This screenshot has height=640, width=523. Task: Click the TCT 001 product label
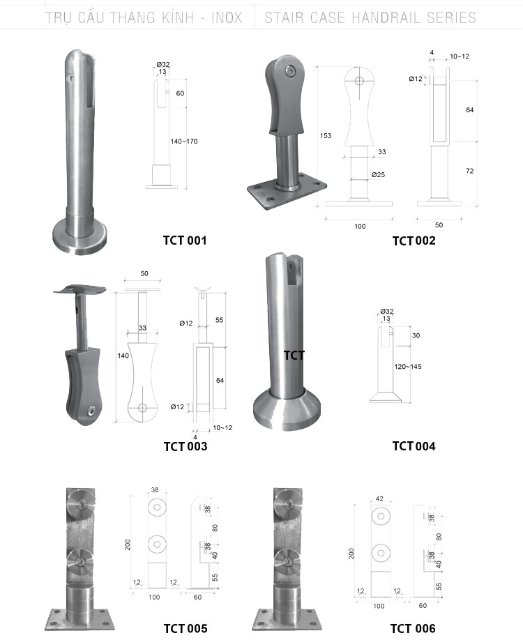tap(185, 240)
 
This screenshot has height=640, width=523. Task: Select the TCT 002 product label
tap(414, 241)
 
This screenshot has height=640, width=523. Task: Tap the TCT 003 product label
tap(185, 446)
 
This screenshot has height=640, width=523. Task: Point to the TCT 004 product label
tap(414, 445)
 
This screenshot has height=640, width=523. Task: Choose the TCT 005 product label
tap(185, 628)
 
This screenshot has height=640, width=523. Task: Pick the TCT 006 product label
tap(413, 628)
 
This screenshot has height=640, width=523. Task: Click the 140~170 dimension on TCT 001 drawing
tap(183, 142)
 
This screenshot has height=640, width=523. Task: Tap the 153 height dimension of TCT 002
tap(326, 135)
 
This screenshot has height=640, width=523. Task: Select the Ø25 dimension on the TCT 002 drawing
tap(378, 175)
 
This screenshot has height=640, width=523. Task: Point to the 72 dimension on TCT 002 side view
tap(470, 171)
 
